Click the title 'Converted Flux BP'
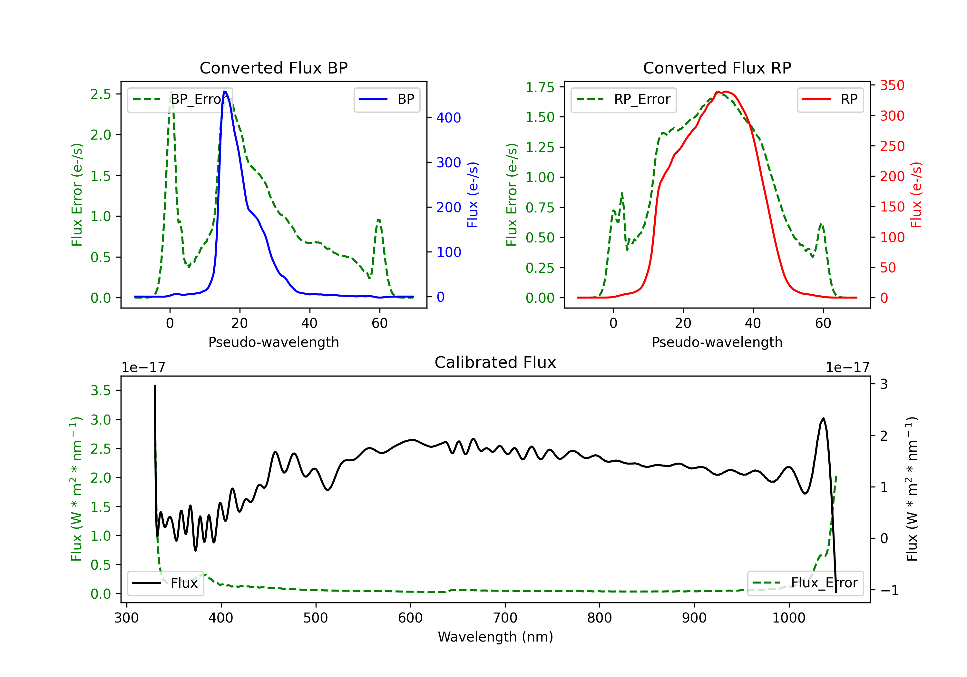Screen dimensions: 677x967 (x=273, y=68)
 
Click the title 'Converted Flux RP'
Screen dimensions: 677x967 (x=717, y=68)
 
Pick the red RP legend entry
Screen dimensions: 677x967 (x=830, y=99)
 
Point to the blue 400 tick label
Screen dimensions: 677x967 (x=449, y=118)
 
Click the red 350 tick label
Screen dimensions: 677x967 (x=892, y=85)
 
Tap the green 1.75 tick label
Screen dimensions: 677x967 (x=540, y=87)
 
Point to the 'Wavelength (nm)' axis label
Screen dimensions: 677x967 (x=495, y=637)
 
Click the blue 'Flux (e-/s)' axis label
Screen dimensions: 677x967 (x=473, y=195)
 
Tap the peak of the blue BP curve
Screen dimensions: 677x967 (x=225, y=92)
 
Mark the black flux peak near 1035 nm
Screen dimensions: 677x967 (x=823, y=418)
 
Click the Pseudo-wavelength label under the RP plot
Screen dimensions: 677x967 (x=717, y=342)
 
